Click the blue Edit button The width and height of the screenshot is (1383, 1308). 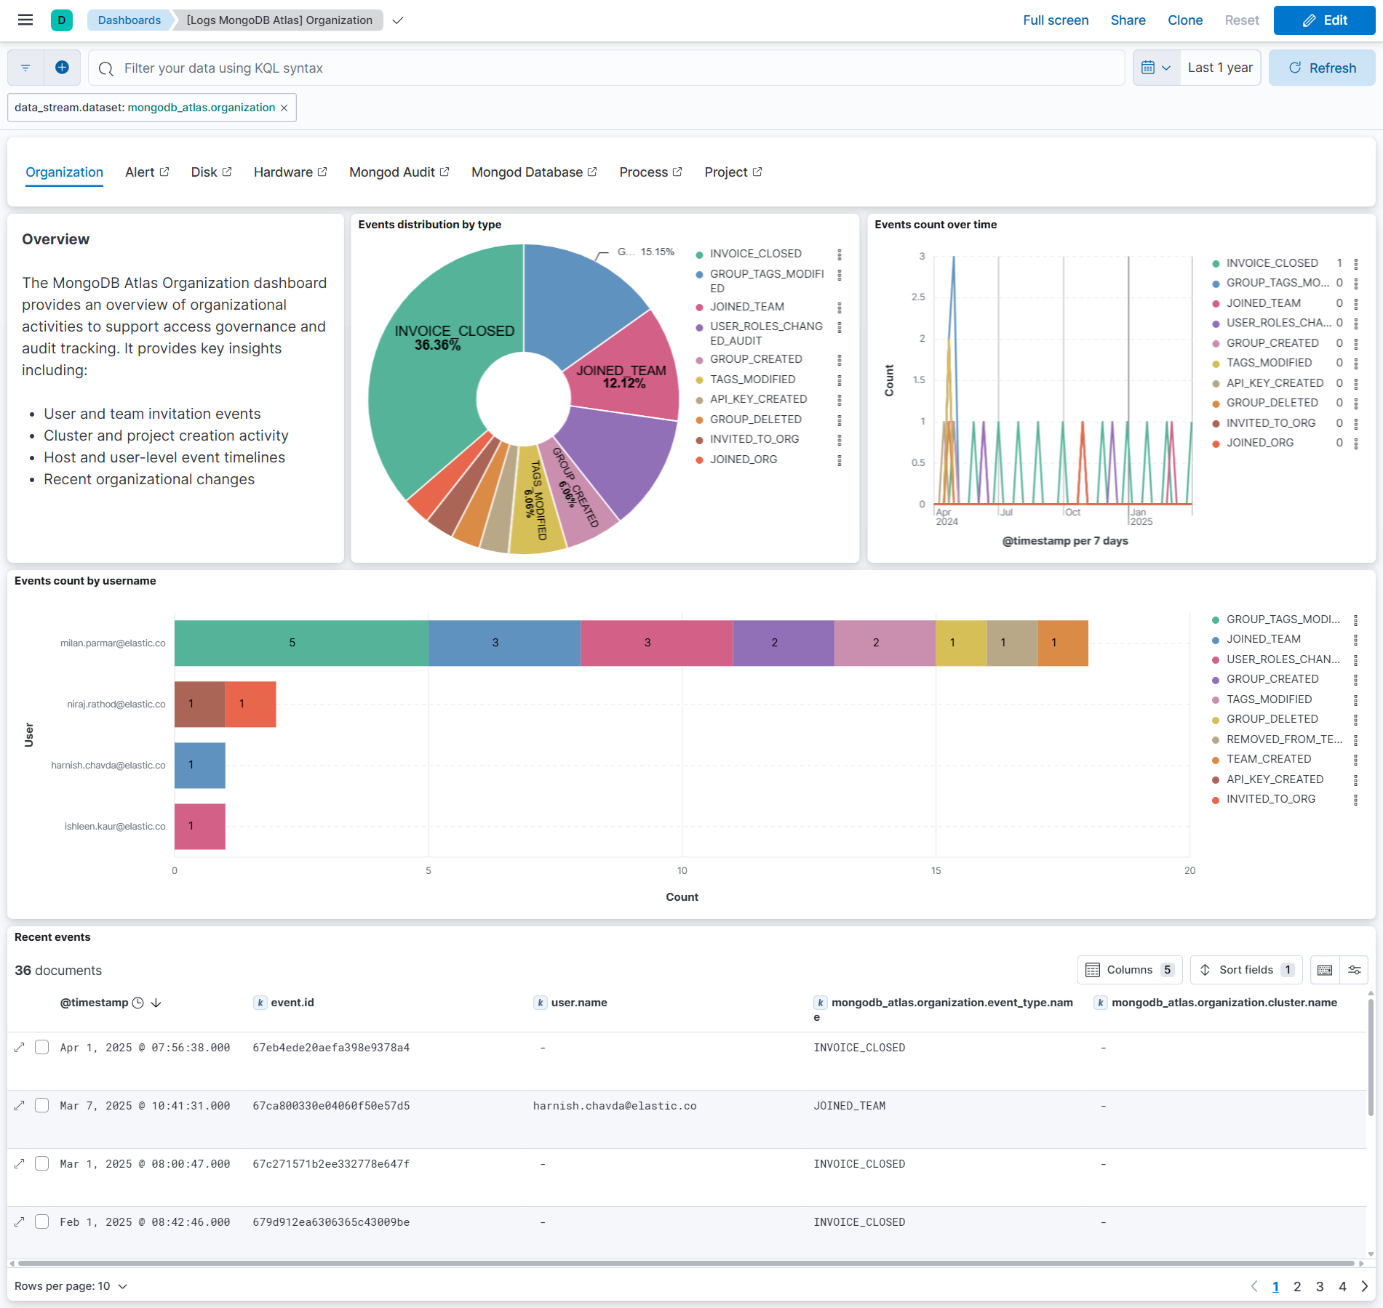1323,20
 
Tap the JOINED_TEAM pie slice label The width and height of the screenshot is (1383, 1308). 621,371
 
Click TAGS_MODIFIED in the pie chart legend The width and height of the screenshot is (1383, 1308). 752,380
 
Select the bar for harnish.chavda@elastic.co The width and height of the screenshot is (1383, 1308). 200,765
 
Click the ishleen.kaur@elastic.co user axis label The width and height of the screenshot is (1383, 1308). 115,827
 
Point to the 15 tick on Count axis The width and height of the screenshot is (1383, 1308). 936,870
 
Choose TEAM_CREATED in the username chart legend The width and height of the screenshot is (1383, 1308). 1268,759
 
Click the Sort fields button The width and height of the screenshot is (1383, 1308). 1246,970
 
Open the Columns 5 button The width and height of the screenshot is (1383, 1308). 1129,970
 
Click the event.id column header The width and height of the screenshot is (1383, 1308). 292,1003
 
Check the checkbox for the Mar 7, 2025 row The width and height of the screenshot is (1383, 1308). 42,1105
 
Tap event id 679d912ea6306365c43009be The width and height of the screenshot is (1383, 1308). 331,1222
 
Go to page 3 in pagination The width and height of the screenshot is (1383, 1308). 1320,1286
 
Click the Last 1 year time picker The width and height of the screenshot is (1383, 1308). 1219,68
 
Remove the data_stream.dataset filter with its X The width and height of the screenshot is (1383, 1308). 284,108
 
